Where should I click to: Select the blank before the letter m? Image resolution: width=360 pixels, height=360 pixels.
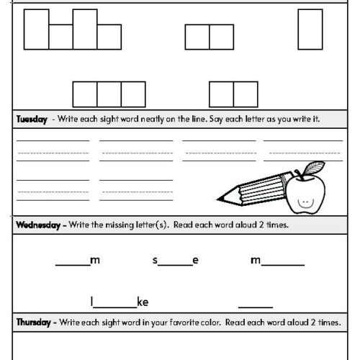(x=72, y=264)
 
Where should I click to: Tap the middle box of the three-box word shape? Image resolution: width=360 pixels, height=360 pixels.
(x=109, y=94)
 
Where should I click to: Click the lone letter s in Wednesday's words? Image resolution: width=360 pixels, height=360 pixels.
(x=155, y=261)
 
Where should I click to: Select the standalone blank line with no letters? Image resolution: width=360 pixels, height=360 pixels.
(x=255, y=305)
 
